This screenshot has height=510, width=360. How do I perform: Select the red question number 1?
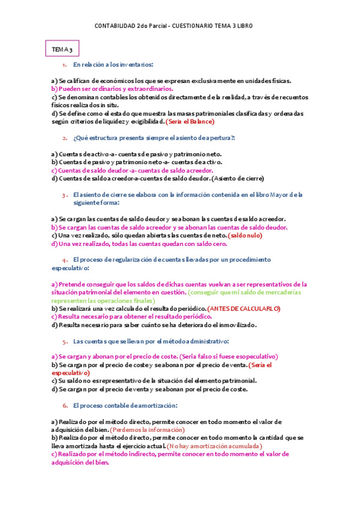pyautogui.click(x=64, y=64)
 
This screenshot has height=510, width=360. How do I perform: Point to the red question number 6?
pyautogui.click(x=65, y=405)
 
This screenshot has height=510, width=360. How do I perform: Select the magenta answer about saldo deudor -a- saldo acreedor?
pyautogui.click(x=128, y=170)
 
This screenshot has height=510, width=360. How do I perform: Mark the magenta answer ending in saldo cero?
pyautogui.click(x=139, y=244)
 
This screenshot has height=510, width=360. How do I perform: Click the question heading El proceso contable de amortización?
pyautogui.click(x=125, y=405)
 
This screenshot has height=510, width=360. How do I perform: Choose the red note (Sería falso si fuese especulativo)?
pyautogui.click(x=229, y=357)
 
